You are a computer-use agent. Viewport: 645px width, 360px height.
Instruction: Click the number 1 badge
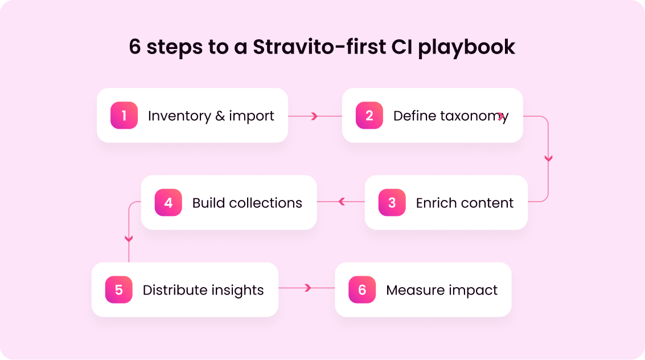pyautogui.click(x=124, y=115)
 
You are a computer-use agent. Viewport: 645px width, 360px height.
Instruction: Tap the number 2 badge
pyautogui.click(x=369, y=115)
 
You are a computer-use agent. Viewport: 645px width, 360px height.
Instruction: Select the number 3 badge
pyautogui.click(x=392, y=202)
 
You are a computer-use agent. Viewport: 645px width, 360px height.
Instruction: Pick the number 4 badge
pyautogui.click(x=169, y=202)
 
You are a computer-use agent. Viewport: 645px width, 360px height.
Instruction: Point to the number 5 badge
pyautogui.click(x=119, y=289)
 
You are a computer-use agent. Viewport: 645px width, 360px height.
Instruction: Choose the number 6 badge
pyautogui.click(x=362, y=289)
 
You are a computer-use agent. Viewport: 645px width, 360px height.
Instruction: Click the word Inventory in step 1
pyautogui.click(x=179, y=116)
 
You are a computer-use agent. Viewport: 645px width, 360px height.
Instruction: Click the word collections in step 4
pyautogui.click(x=265, y=203)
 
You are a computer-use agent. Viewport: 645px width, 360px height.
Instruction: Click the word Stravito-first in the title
pyautogui.click(x=319, y=47)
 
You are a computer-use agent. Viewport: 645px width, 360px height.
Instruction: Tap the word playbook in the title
pyautogui.click(x=466, y=47)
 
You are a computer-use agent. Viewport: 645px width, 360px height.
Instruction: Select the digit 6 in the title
pyautogui.click(x=135, y=47)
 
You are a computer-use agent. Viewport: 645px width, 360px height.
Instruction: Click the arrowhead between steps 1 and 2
pyautogui.click(x=315, y=116)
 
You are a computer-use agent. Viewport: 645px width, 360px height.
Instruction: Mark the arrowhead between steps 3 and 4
pyautogui.click(x=342, y=202)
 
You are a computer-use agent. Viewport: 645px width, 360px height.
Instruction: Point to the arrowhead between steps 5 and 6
pyautogui.click(x=308, y=288)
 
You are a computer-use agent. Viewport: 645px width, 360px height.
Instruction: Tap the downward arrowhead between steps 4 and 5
pyautogui.click(x=129, y=239)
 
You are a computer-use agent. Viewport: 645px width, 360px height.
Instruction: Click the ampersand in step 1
pyautogui.click(x=220, y=116)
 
